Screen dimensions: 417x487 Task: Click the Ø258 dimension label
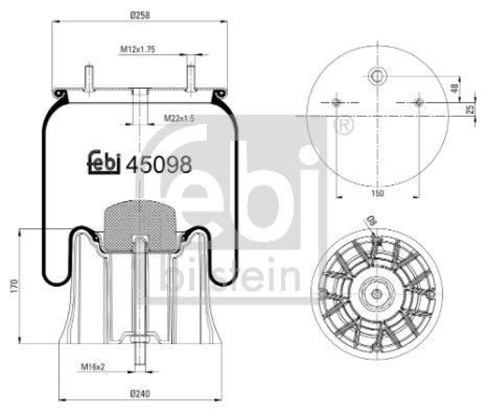click(140, 15)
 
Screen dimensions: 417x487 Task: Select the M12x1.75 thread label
click(138, 50)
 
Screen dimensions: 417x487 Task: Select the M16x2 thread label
click(94, 367)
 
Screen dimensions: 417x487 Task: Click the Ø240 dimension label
click(140, 393)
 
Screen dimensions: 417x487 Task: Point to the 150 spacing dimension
click(377, 193)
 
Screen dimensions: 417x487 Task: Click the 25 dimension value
click(470, 109)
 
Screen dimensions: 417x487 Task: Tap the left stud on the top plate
click(89, 78)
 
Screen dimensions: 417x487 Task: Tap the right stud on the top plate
click(191, 78)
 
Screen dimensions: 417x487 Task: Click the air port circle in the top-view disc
click(377, 76)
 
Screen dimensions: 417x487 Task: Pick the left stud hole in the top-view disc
click(337, 102)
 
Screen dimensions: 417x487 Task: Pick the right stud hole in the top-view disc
click(418, 102)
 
